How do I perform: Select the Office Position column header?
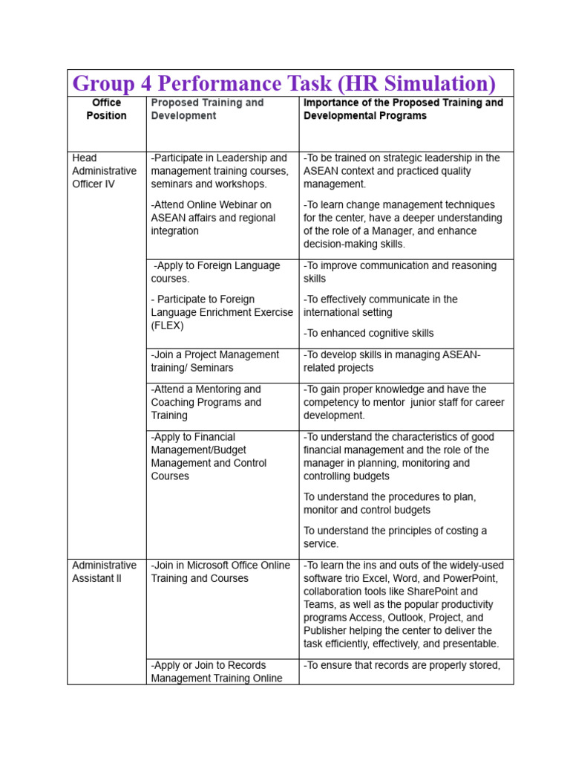[106, 109]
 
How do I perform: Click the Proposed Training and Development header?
[207, 109]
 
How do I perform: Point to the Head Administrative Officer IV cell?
[104, 171]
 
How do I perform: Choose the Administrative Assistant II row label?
[104, 571]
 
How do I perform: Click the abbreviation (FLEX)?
[168, 326]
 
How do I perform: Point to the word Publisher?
[327, 631]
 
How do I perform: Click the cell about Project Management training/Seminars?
[215, 361]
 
